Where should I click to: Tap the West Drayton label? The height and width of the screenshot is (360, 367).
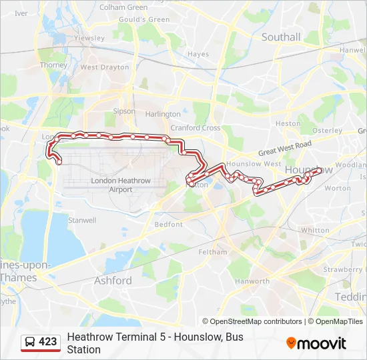pyautogui.click(x=105, y=67)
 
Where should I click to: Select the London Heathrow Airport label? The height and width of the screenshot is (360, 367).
pyautogui.click(x=111, y=185)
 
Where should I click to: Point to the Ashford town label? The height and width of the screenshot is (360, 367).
pyautogui.click(x=113, y=281)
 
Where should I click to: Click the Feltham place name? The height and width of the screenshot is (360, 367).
pyautogui.click(x=213, y=252)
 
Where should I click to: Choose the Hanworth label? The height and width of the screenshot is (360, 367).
pyautogui.click(x=252, y=281)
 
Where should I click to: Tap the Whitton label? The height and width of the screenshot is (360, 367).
pyautogui.click(x=315, y=230)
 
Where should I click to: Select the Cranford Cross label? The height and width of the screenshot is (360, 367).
pyautogui.click(x=196, y=128)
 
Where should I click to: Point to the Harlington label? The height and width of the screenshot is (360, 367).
pyautogui.click(x=163, y=115)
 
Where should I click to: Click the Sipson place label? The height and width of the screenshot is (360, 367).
pyautogui.click(x=124, y=111)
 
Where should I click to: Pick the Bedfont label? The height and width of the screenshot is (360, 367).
pyautogui.click(x=169, y=225)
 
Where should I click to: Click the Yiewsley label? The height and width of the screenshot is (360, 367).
pyautogui.click(x=90, y=39)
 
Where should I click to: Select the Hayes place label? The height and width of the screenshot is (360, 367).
pyautogui.click(x=198, y=54)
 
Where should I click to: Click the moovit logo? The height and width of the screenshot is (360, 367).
pyautogui.click(x=316, y=343)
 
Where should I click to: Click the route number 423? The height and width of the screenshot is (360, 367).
pyautogui.click(x=48, y=342)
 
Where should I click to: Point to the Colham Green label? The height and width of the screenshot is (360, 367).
pyautogui.click(x=123, y=7)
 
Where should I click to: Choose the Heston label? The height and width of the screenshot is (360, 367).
pyautogui.click(x=288, y=123)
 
